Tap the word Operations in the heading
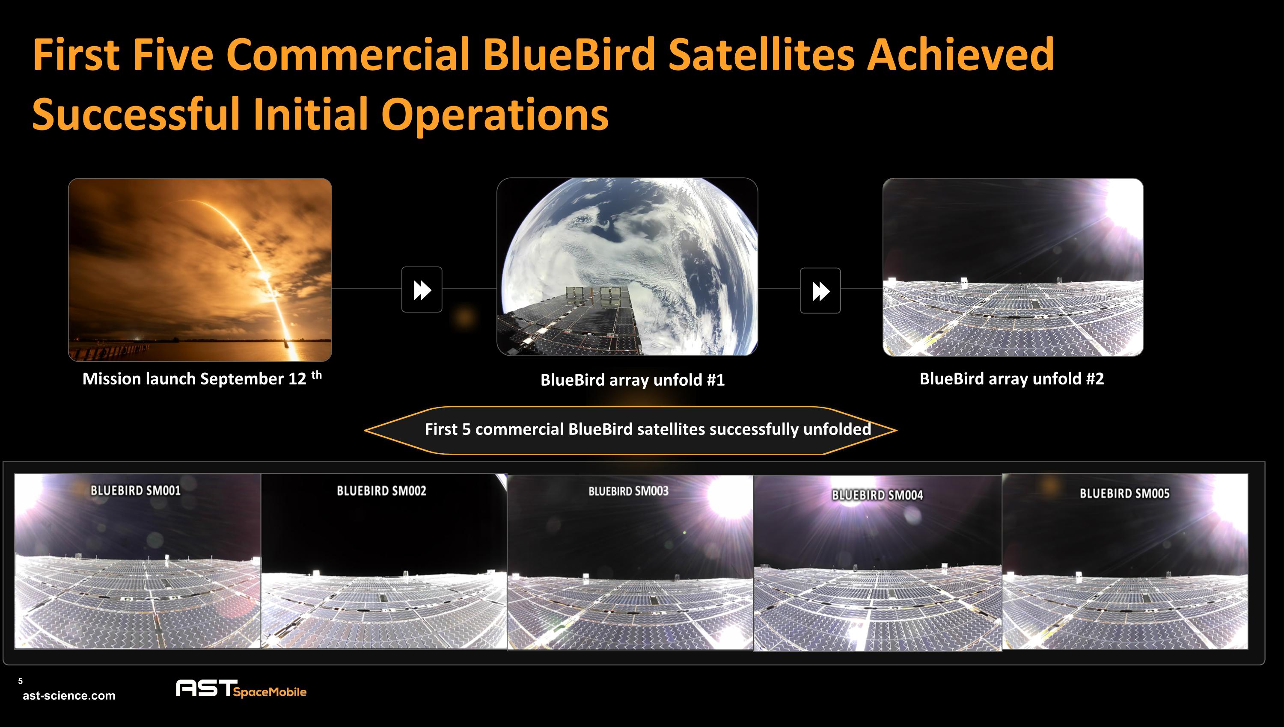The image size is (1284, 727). [495, 114]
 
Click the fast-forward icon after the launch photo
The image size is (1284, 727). [422, 290]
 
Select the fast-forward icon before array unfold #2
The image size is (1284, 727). [820, 291]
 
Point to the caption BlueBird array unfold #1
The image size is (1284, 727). [632, 380]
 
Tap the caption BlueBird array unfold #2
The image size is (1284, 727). [1011, 378]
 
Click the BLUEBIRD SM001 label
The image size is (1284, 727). [135, 491]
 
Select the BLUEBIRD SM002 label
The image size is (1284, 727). [381, 491]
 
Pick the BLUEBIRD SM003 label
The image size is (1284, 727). [628, 491]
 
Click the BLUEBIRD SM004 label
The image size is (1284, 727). [877, 495]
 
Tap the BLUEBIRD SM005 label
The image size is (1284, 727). [1124, 494]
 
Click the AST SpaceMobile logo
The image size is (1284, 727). [241, 689]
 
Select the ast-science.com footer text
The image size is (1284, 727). [69, 695]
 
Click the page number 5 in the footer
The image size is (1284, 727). [21, 681]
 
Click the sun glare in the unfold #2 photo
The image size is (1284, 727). [1124, 202]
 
